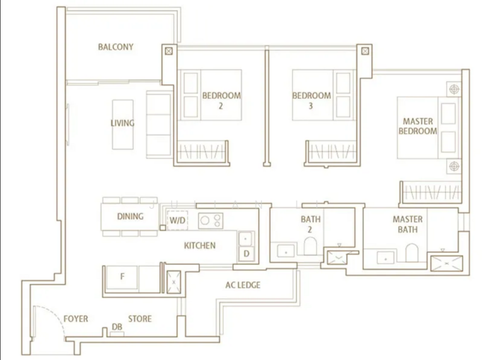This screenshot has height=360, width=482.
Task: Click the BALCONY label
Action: [116, 47]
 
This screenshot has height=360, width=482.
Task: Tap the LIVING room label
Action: [122, 123]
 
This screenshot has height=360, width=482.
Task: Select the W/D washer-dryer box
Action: [177, 220]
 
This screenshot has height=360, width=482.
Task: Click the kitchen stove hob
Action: [210, 220]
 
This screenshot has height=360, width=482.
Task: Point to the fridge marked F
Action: [122, 278]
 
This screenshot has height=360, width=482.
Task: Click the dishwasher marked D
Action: [246, 253]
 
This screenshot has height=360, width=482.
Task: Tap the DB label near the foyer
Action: [117, 327]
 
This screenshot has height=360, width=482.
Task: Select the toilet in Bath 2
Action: [310, 246]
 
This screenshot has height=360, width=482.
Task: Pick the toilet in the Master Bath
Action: [412, 253]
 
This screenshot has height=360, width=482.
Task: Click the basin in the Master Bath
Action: [386, 258]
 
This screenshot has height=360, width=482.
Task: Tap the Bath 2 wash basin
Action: [286, 251]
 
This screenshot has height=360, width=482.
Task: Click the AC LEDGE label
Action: [243, 285]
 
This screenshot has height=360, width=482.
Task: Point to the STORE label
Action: [140, 319]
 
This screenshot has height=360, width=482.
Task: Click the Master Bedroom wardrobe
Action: [432, 192]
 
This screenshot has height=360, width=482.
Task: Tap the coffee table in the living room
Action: [123, 125]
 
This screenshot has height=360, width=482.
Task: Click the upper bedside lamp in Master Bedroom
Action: [454, 89]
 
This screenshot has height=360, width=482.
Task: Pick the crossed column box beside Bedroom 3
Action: [365, 51]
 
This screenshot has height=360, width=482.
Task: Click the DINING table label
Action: [130, 217]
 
